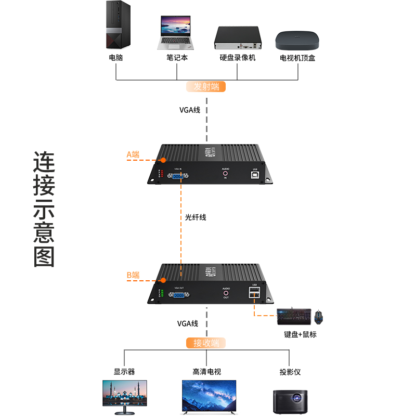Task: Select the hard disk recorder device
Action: pos(238,37)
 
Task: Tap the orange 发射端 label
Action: pos(206,87)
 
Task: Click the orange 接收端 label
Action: pos(206,343)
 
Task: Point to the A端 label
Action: pos(133,154)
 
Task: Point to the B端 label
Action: pos(133,275)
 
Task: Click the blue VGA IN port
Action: pos(178,177)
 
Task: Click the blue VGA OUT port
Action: pos(178,295)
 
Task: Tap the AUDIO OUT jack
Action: pos(226,293)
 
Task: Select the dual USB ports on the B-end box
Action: pos(254,294)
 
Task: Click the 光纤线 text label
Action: pos(196,217)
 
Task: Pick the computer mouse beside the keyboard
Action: pos(319,315)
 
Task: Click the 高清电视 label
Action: pos(206,372)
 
